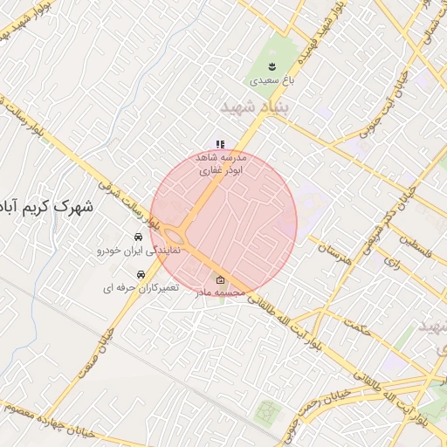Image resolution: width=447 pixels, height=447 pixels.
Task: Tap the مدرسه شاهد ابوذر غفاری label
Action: click(x=224, y=164)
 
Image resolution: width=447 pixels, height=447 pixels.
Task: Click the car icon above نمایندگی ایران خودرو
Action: click(x=138, y=237)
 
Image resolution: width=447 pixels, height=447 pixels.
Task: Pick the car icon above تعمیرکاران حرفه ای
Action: click(x=141, y=274)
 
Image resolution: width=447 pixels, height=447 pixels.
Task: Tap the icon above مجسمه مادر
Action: click(x=220, y=280)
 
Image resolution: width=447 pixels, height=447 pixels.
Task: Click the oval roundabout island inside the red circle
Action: click(x=175, y=236)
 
